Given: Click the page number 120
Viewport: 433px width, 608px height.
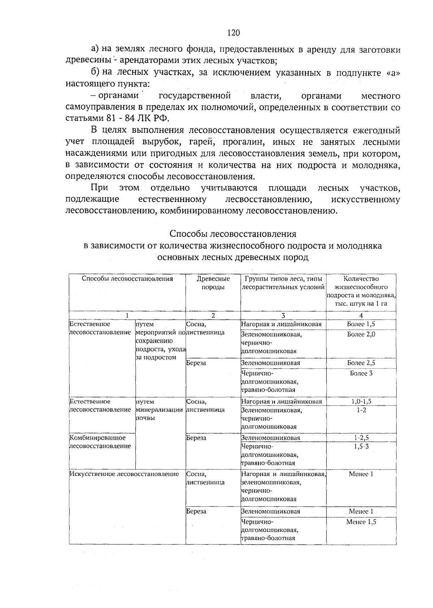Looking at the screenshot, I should coord(233,33).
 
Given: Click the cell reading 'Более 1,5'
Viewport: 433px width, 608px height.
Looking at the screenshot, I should coord(361,324).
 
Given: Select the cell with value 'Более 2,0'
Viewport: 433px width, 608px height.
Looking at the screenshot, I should coord(361,334).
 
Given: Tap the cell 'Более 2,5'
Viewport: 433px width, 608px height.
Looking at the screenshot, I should coord(361,363).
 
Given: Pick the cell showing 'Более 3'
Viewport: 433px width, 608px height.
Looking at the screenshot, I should coord(361,373).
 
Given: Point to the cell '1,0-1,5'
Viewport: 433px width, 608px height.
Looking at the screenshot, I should coord(361,401).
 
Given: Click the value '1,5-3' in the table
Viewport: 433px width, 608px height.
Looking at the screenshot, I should coord(361,446).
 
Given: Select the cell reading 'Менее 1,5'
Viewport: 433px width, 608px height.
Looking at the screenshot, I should coord(361,522).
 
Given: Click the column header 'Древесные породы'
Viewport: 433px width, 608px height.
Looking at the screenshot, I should coord(213,283).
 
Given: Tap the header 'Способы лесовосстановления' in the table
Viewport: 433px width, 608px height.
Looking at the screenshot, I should coord(127,279).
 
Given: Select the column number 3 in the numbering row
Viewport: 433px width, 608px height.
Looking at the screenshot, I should coord(283,315).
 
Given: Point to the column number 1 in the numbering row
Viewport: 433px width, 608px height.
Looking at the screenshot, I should coord(127,315).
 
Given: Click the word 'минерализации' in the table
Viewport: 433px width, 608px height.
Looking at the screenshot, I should coord(159,410).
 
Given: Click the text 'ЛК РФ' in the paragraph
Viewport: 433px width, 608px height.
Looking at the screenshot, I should coord(156,119).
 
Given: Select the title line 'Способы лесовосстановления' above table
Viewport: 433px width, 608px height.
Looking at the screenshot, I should coord(233,234).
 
